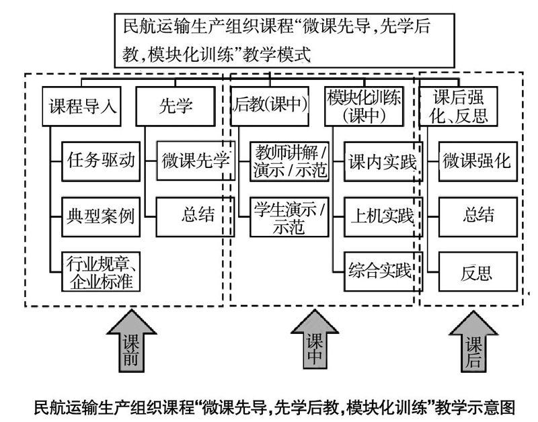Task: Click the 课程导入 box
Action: (81, 106)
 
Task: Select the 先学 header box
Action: (176, 106)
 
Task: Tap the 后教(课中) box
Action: (270, 106)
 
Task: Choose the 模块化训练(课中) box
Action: (364, 106)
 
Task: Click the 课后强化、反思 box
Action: (459, 106)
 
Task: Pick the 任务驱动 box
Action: (101, 161)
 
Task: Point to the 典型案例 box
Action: (101, 216)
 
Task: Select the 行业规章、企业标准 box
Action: (101, 272)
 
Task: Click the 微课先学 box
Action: (196, 161)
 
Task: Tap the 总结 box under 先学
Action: (195, 216)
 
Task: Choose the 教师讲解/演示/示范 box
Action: (290, 161)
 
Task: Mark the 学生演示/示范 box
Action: (290, 216)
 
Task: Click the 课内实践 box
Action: (383, 161)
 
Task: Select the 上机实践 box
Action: (383, 216)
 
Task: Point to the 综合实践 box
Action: (383, 272)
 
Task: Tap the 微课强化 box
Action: (478, 161)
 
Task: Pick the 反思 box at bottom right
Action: (478, 272)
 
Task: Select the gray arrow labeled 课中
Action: (315, 341)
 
